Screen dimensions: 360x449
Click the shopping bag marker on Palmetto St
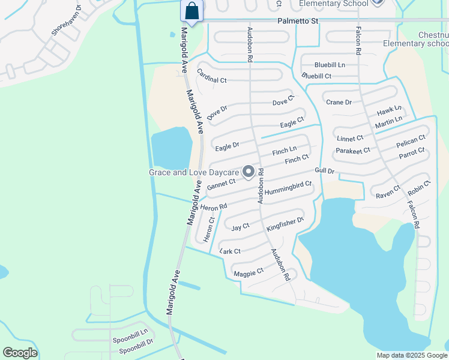191,11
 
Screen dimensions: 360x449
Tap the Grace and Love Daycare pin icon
249,172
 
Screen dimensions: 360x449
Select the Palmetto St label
298,20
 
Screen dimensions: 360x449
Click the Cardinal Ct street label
211,76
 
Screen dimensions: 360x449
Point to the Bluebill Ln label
330,65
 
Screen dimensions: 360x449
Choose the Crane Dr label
339,102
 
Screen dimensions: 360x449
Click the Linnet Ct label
350,138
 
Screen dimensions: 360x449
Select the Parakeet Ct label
353,151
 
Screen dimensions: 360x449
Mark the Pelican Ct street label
411,142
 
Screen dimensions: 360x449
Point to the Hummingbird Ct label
288,188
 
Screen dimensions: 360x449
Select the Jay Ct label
240,227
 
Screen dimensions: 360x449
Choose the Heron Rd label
214,207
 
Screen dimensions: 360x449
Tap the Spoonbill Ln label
130,340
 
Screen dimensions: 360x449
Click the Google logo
20,353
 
